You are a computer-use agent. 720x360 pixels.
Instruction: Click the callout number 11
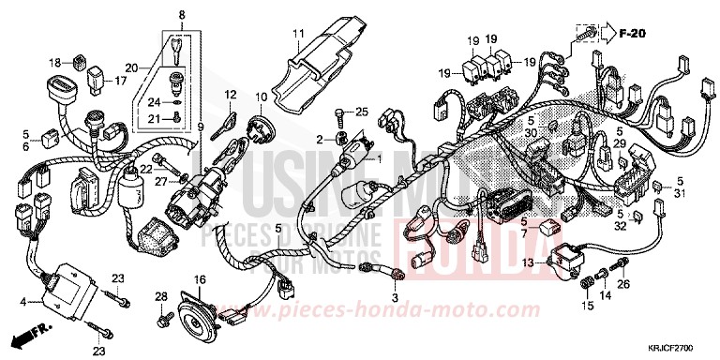pyautogui.click(x=297, y=36)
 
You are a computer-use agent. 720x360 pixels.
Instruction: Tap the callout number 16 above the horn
pyautogui.click(x=199, y=280)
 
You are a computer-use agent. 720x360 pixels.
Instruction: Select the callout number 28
pyautogui.click(x=160, y=297)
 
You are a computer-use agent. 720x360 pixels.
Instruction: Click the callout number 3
pyautogui.click(x=395, y=296)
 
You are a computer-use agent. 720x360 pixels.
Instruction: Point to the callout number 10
pyautogui.click(x=262, y=97)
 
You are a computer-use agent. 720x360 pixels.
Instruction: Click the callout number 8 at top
pyautogui.click(x=182, y=13)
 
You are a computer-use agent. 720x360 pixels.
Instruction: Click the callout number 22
pyautogui.click(x=146, y=170)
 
